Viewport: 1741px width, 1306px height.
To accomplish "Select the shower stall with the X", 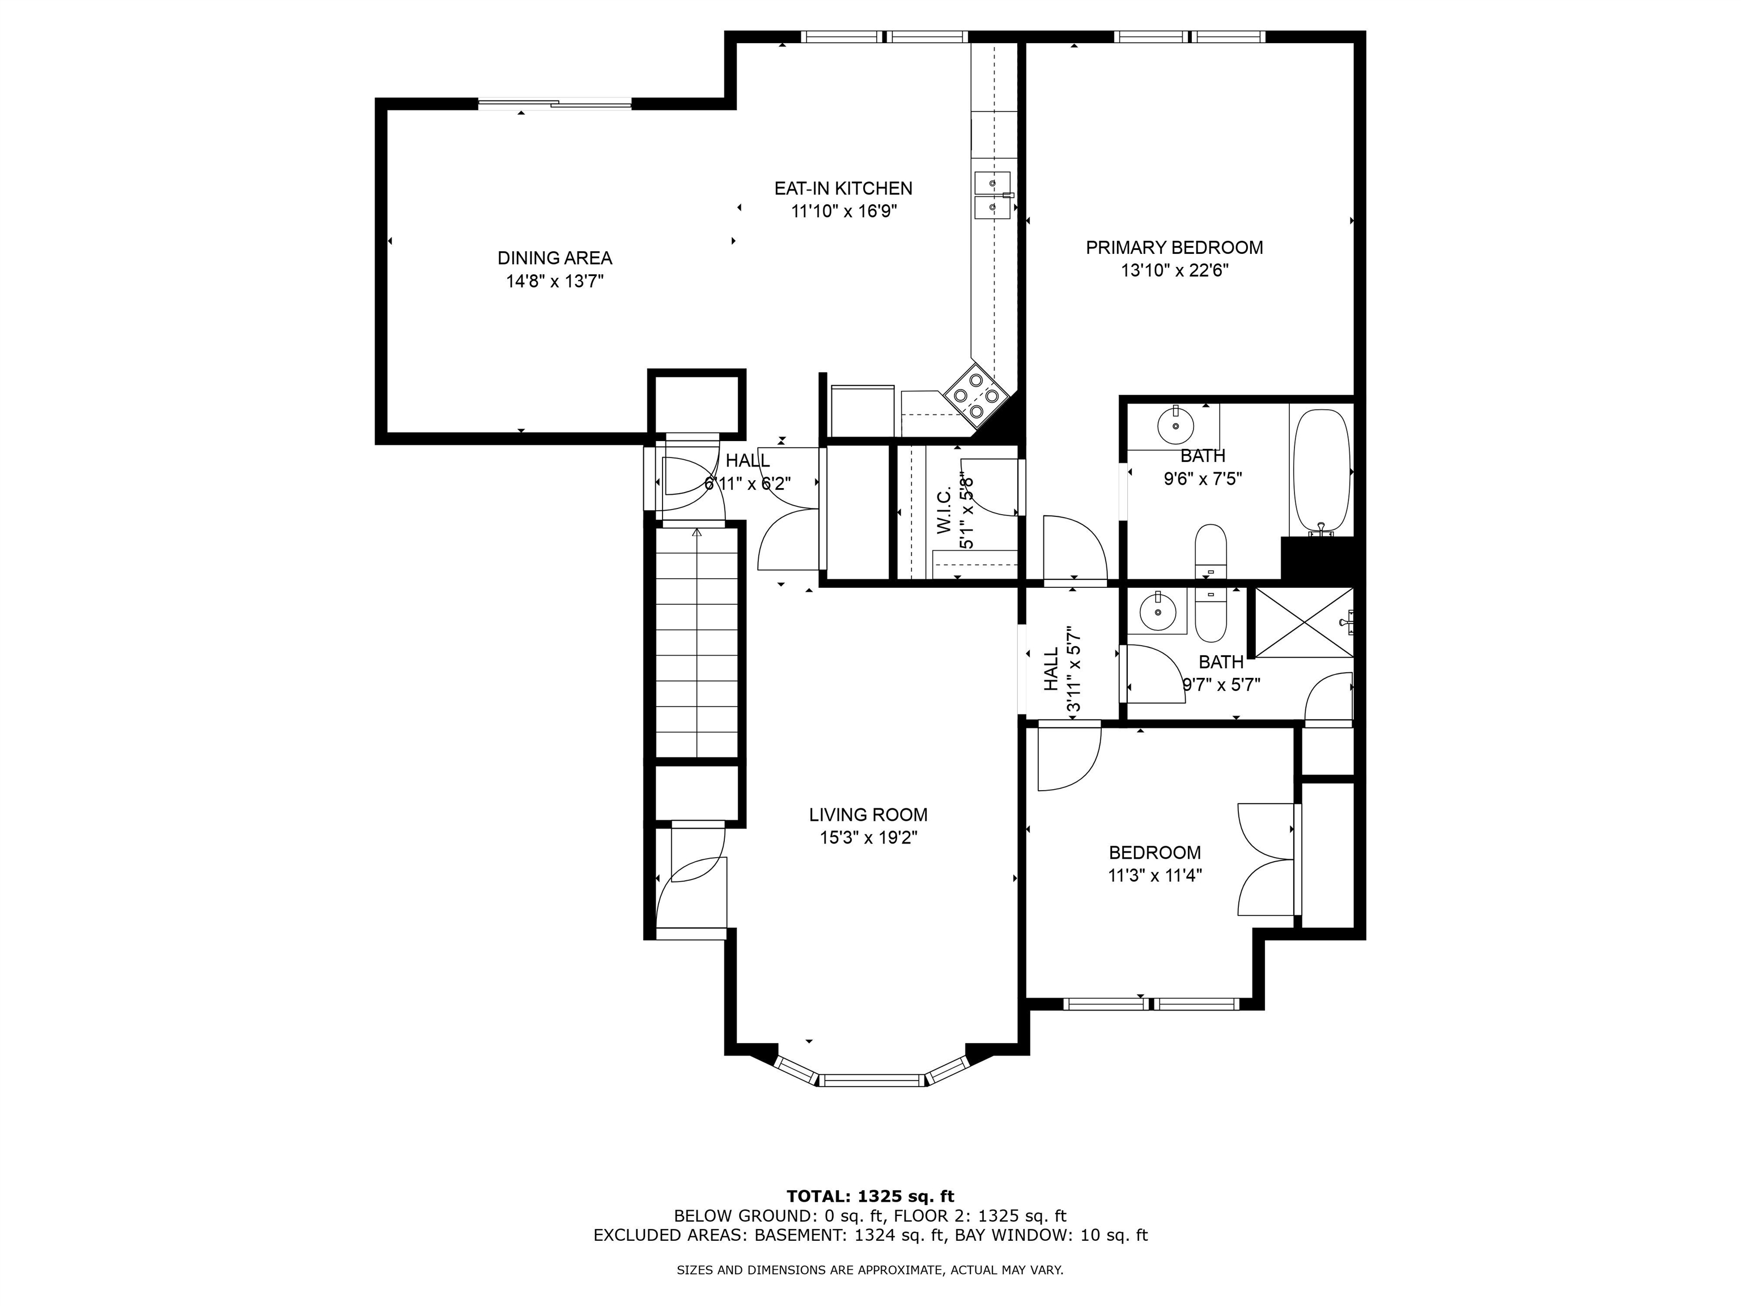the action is tap(1304, 622).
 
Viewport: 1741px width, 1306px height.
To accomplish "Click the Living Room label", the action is tap(868, 815).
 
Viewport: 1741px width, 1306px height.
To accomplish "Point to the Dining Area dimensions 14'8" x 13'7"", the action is tap(554, 281).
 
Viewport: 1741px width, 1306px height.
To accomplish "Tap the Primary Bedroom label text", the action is tap(1174, 247).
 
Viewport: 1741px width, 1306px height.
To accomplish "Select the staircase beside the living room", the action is tap(697, 642).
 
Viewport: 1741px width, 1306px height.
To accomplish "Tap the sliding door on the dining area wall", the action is tap(555, 103).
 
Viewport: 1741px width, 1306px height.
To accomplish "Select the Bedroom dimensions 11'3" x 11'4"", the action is tap(1154, 875).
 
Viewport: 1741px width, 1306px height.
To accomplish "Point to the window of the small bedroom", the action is tap(1152, 1004).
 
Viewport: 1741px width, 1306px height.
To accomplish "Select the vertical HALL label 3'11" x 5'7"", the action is tap(1061, 669).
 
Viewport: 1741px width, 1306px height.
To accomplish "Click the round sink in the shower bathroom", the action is tap(1157, 612).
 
